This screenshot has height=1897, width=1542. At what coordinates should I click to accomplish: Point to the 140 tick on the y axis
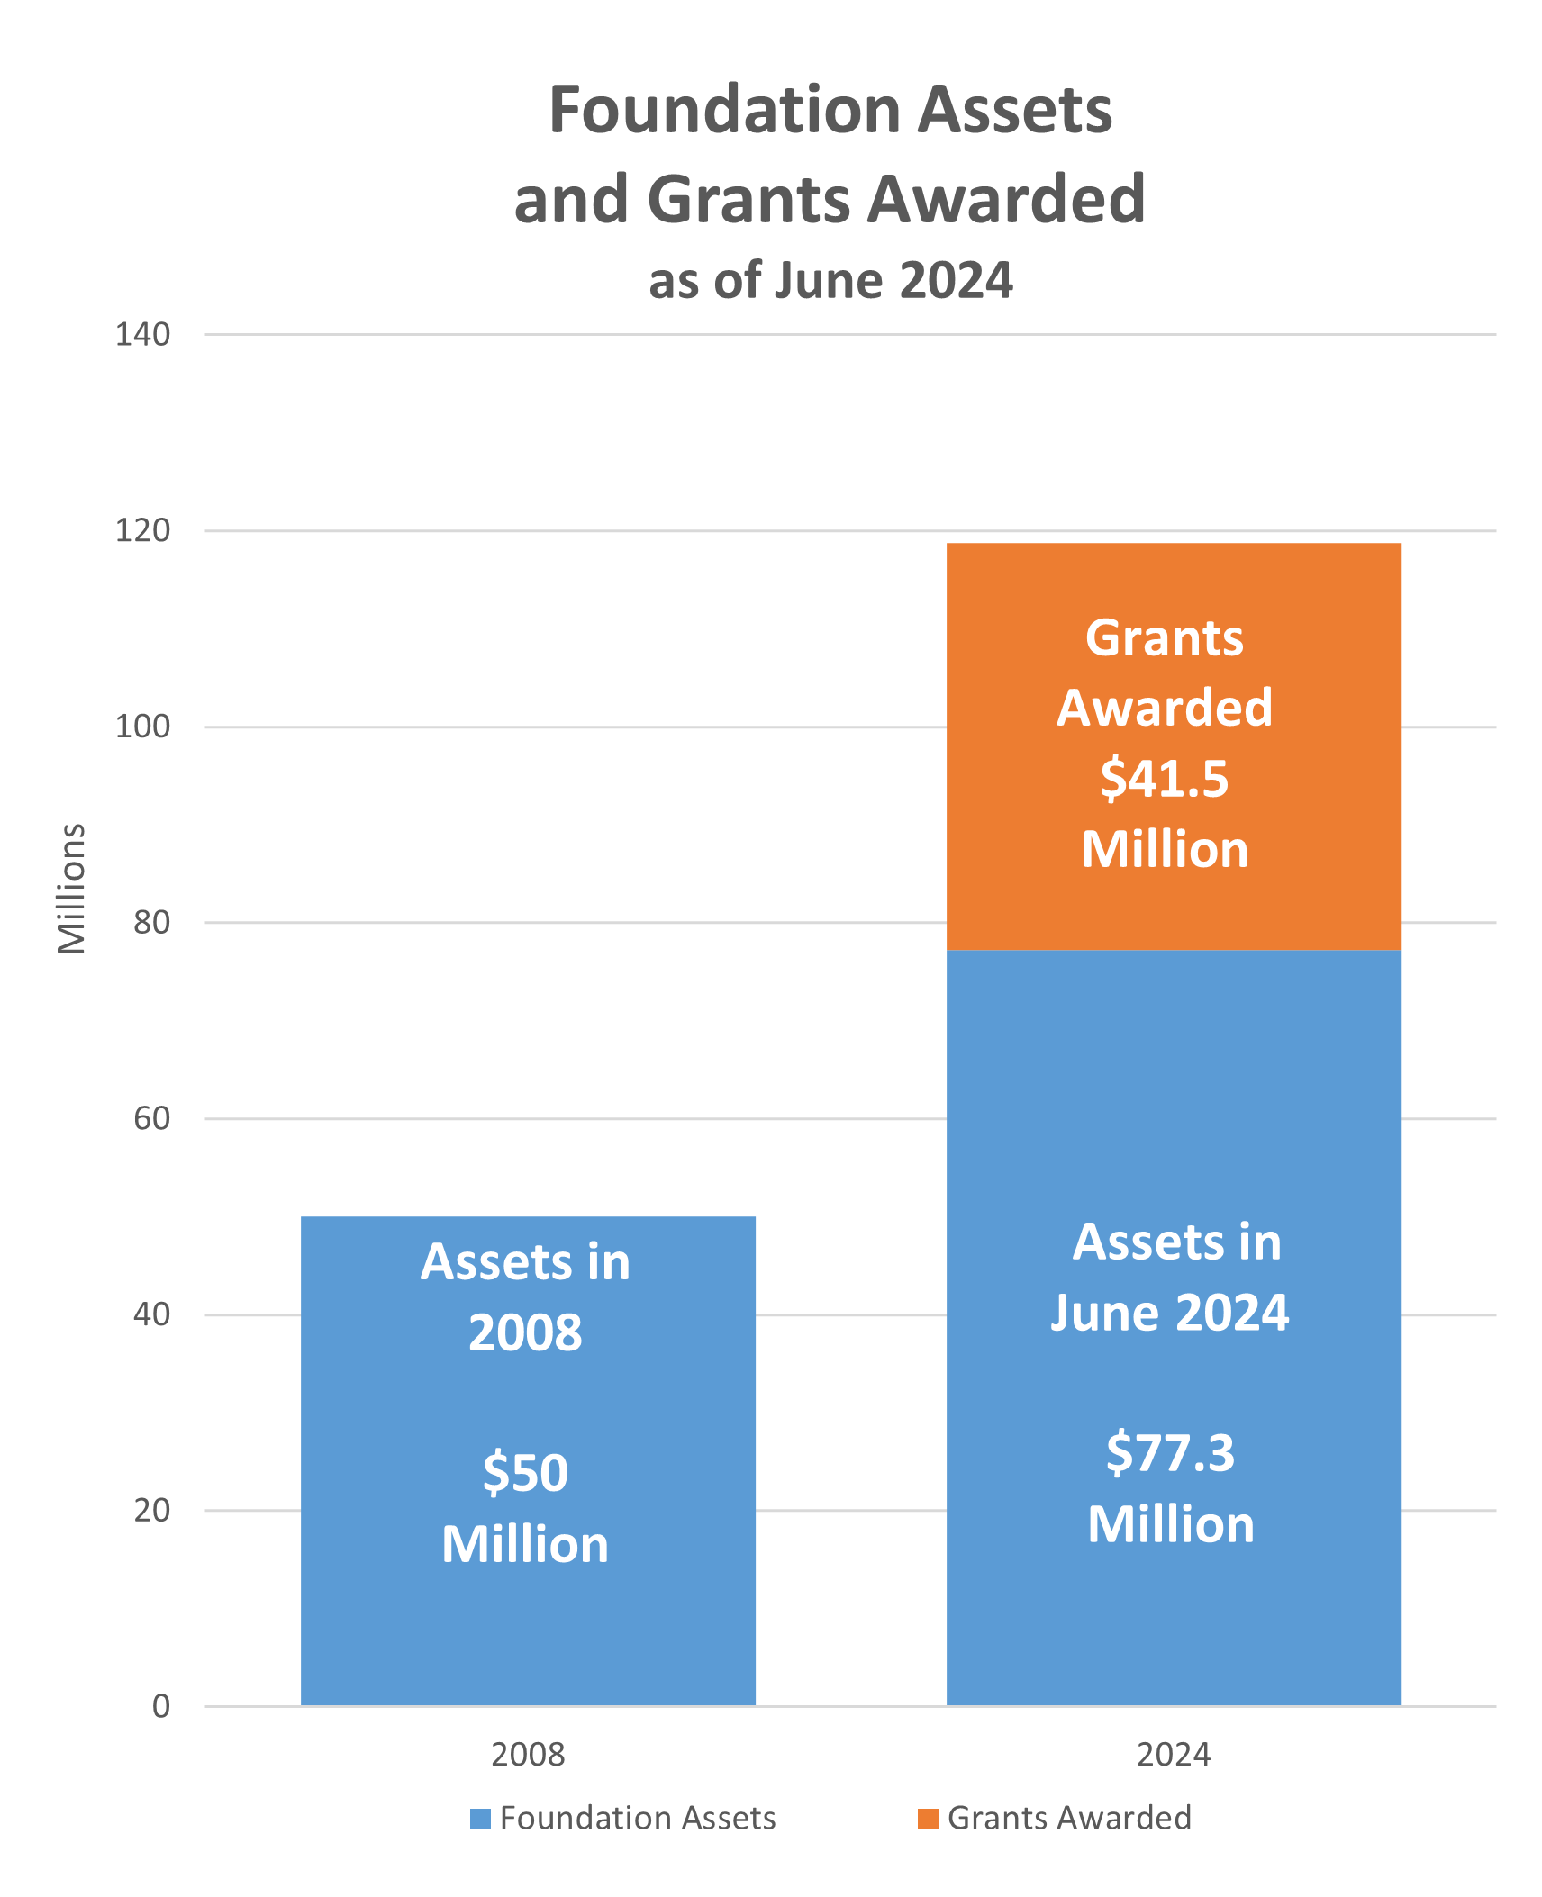142,335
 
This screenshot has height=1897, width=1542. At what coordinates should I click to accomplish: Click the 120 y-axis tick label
142,530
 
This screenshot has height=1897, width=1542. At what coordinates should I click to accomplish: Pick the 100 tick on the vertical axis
142,727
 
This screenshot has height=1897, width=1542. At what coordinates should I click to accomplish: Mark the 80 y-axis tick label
151,922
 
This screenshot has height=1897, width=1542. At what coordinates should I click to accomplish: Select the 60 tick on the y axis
151,1118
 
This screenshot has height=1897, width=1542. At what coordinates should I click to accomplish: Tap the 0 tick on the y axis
161,1706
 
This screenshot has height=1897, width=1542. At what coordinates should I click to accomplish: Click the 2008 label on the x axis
528,1755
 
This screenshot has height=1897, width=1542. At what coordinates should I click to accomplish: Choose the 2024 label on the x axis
1173,1755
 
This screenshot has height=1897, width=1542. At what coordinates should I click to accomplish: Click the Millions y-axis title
71,889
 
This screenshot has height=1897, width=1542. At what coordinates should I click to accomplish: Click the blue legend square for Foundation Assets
480,1819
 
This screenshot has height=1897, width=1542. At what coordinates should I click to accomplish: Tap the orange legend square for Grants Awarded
927,1819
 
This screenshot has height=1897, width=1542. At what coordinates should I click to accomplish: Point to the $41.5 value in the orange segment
1164,779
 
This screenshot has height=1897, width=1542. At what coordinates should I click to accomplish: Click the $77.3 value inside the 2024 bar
1170,1453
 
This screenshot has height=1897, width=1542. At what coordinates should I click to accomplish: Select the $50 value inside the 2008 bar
525,1474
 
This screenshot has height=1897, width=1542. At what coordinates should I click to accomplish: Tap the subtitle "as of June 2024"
830,280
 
